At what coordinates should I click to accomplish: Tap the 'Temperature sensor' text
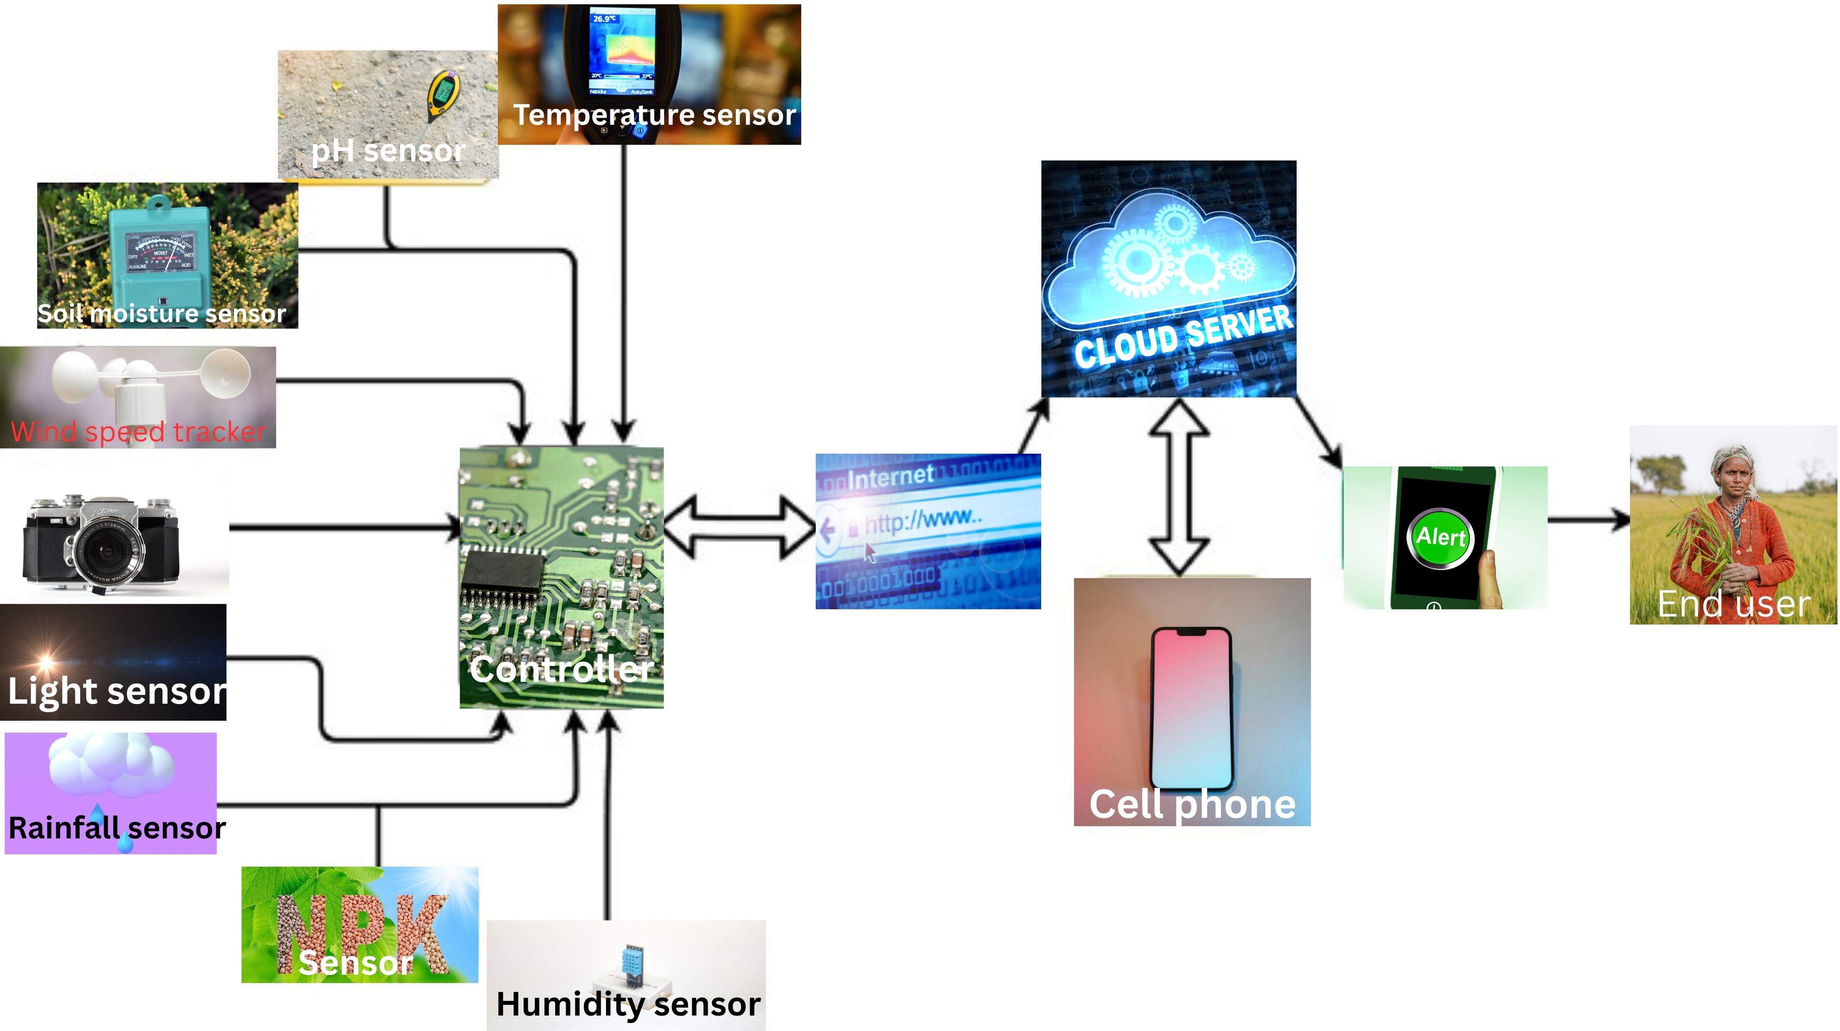[654, 115]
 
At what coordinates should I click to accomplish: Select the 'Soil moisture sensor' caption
[162, 314]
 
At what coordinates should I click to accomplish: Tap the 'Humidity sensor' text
[628, 1004]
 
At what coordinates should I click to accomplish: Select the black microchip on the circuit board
[502, 572]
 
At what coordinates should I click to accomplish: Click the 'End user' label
[1733, 604]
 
